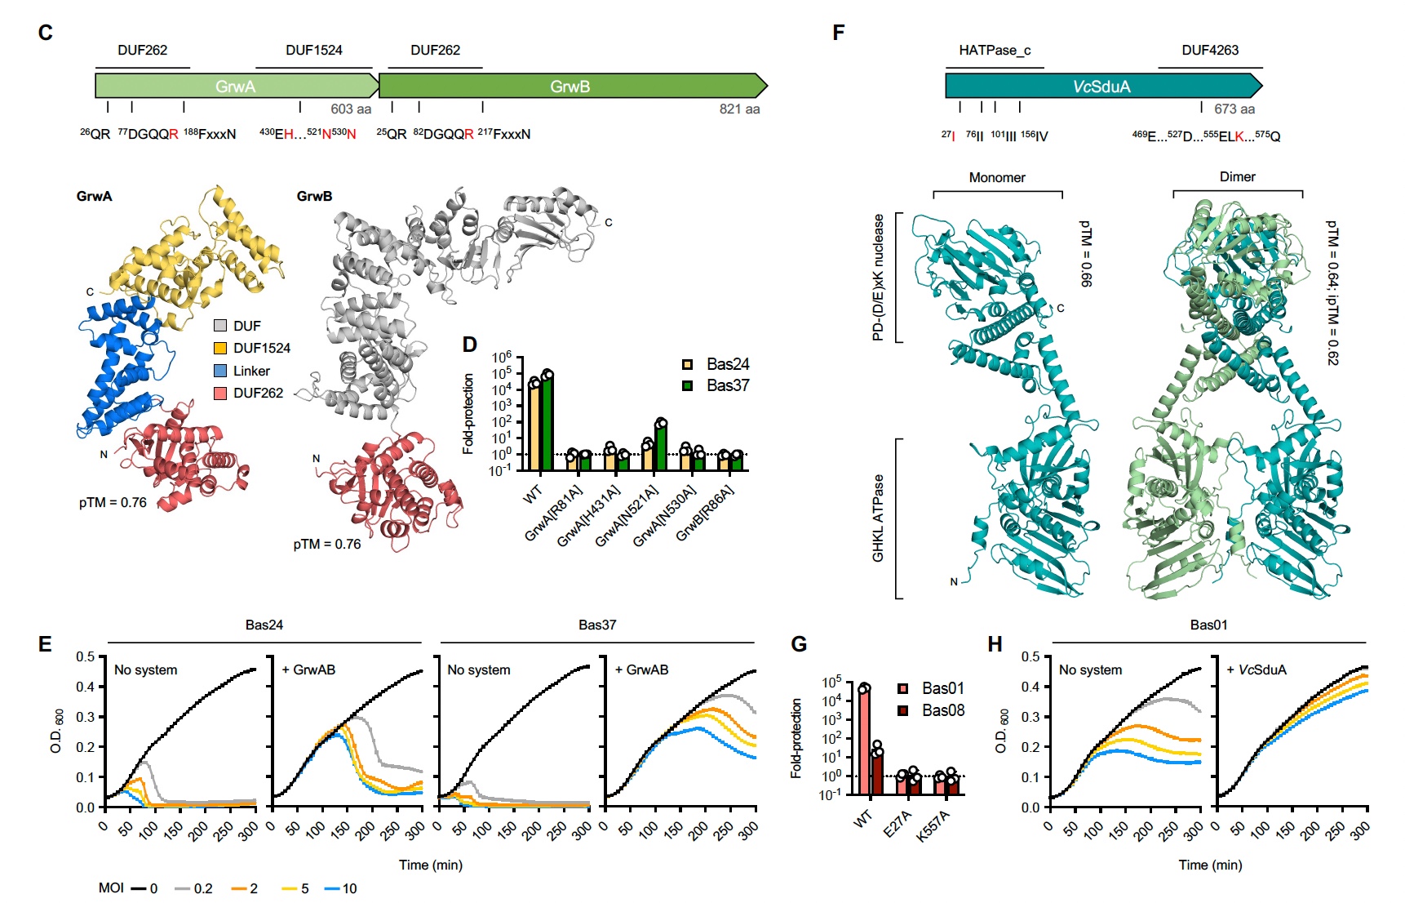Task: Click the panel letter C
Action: [46, 33]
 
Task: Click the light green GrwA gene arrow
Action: [237, 86]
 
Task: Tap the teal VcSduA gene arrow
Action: [1101, 86]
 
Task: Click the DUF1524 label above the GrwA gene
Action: [314, 50]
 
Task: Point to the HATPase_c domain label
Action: [995, 50]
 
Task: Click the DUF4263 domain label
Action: [1210, 50]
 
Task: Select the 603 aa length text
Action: [351, 109]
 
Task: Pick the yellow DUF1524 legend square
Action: [220, 349]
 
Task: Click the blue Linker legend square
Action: [220, 371]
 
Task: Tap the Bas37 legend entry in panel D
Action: [716, 385]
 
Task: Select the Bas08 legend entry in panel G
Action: [932, 710]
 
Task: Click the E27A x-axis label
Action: [898, 825]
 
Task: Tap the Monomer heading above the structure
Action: [997, 177]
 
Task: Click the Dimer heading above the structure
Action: [1237, 176]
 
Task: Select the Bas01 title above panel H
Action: [1208, 625]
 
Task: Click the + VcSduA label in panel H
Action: [1257, 669]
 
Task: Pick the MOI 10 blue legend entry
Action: [341, 888]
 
